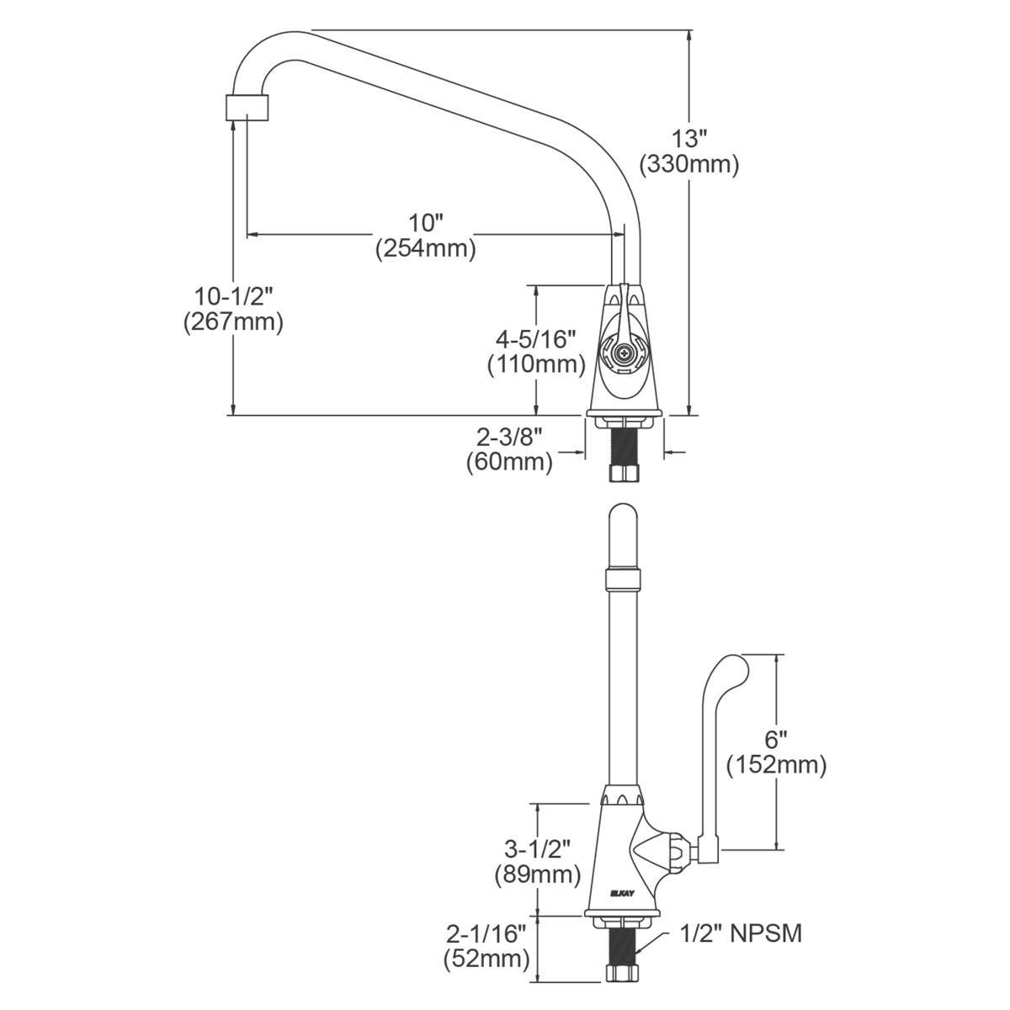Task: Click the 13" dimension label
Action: tap(689, 139)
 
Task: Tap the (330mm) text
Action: tap(689, 165)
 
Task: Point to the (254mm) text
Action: tap(426, 248)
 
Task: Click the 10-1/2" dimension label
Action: tap(234, 296)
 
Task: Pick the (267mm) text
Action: tap(234, 322)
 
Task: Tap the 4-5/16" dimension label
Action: tap(536, 340)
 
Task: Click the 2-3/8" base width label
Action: tap(509, 437)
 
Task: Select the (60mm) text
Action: tap(509, 463)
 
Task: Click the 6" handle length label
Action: tap(776, 739)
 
